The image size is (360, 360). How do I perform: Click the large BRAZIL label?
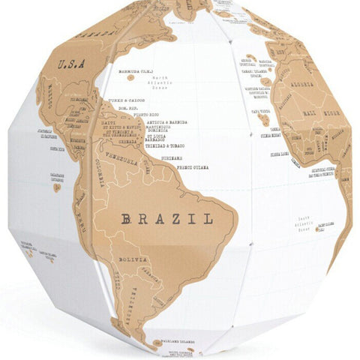coord(167,219)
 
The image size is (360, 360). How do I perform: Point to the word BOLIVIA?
coord(130,259)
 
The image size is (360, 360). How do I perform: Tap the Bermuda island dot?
coord(130,77)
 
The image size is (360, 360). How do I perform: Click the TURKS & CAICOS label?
coord(124,100)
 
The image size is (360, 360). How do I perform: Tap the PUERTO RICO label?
coord(142,115)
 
